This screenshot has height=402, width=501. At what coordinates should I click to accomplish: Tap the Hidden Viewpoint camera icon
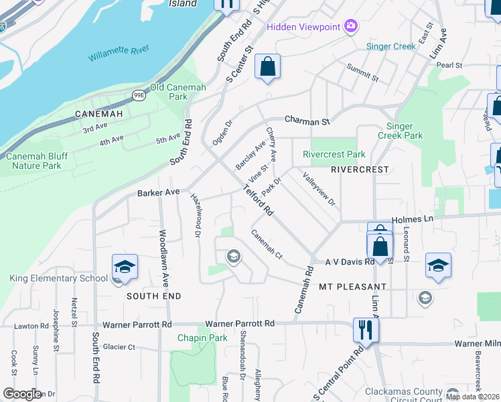coord(350,26)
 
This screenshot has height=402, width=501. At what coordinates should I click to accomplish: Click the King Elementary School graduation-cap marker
coord(125,267)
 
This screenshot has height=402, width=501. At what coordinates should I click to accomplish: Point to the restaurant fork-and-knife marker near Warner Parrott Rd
coord(366,330)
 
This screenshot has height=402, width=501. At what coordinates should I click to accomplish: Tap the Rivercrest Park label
coord(334,154)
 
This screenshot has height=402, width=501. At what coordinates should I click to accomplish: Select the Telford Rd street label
coord(258,201)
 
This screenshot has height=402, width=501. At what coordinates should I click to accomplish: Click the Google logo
coord(22,394)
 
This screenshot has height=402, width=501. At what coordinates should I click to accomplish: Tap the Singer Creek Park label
coord(405,131)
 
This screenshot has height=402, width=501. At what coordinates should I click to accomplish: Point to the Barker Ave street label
coord(159,192)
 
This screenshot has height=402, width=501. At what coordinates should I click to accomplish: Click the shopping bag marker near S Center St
coord(267,66)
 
